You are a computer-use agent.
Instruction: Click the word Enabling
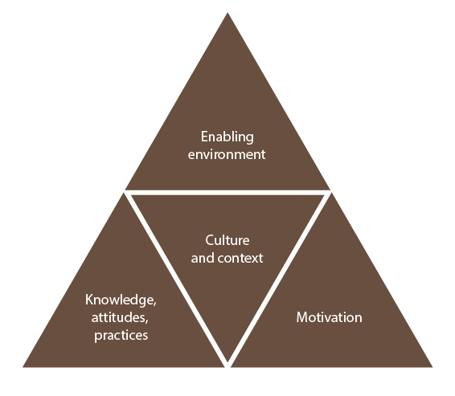227,137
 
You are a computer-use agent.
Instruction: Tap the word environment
227,154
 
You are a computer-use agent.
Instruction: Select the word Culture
227,240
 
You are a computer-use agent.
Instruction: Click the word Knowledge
119,300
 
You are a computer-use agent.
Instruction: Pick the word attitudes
118,317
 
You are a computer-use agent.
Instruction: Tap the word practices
121,336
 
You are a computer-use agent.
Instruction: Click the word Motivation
329,317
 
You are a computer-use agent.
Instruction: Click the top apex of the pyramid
227,13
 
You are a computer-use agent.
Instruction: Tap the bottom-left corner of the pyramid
23,367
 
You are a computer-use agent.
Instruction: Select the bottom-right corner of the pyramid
432,367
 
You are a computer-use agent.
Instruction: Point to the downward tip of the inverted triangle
227,361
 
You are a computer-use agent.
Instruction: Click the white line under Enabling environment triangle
227,193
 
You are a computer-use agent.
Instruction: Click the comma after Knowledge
154,304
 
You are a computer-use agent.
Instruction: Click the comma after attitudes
146,321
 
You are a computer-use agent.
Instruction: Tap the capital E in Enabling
204,137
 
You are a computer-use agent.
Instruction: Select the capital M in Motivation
302,317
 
